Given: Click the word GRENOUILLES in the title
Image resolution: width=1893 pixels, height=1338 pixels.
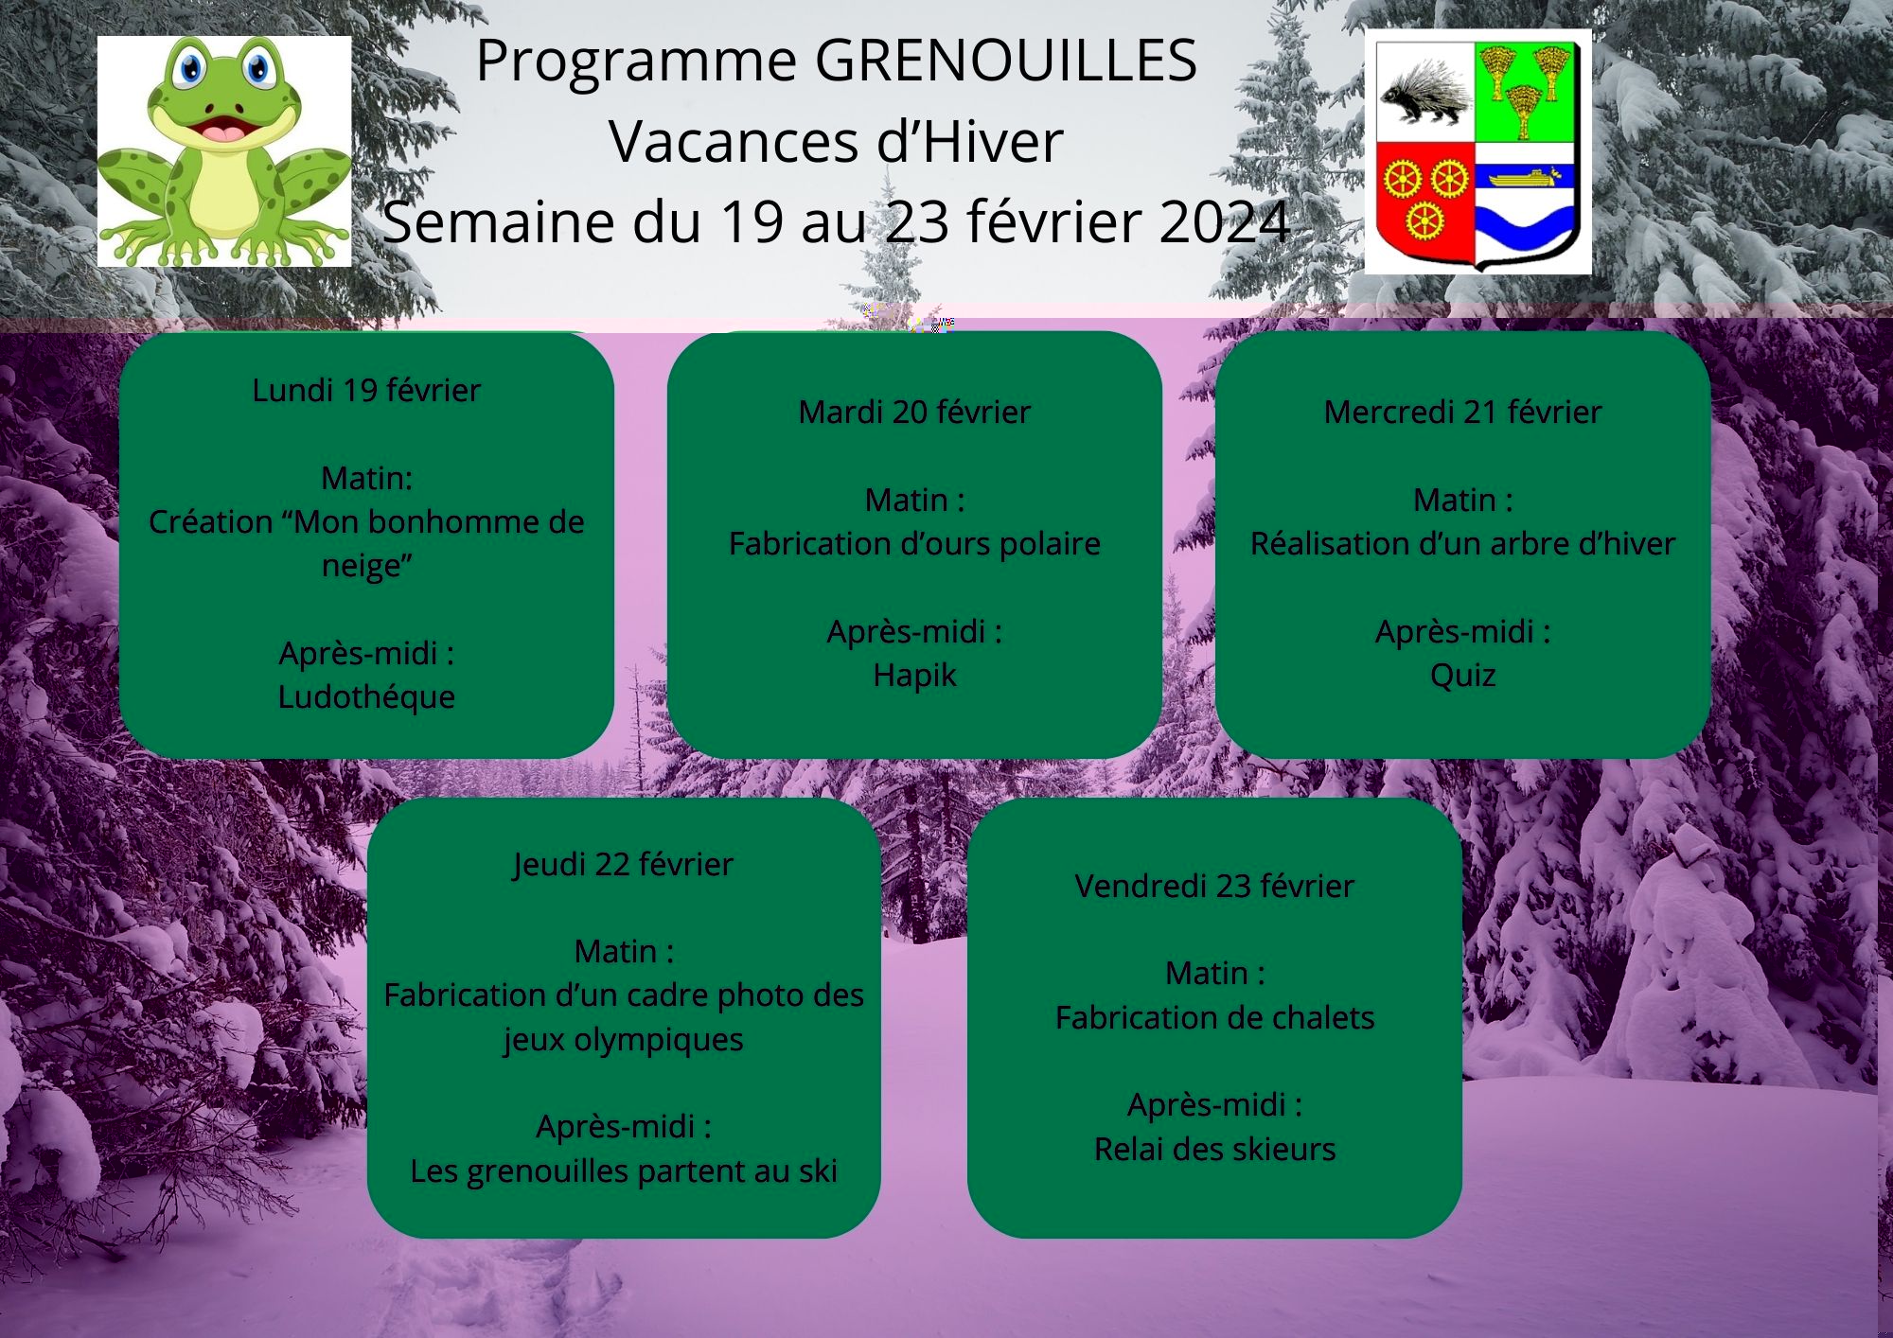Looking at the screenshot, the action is (x=1005, y=61).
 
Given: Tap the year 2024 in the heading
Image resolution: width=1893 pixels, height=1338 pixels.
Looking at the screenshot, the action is (x=1225, y=222).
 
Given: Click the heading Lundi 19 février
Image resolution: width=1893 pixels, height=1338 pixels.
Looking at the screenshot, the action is (x=366, y=390).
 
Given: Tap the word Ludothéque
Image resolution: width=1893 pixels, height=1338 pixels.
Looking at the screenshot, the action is (x=366, y=696).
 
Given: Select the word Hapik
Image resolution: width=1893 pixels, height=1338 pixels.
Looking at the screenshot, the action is (x=914, y=676).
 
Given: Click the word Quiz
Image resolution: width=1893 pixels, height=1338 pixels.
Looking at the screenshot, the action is (x=1462, y=676).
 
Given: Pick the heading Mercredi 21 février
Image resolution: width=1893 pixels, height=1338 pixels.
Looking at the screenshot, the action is (x=1462, y=412).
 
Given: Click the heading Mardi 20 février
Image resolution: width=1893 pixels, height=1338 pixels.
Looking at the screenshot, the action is (x=914, y=412).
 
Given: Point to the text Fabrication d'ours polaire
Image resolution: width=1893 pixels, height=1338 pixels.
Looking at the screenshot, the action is (x=914, y=544).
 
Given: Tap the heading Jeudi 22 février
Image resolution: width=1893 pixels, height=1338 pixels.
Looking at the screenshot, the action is (x=624, y=864).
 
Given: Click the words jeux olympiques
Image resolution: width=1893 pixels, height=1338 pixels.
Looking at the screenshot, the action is (x=624, y=1040).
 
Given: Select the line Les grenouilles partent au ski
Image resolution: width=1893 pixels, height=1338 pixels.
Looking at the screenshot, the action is (x=624, y=1171).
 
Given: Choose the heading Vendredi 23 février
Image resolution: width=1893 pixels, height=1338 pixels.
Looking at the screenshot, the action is (x=1214, y=886).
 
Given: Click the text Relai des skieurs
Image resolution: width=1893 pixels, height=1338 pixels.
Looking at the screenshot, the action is (x=1214, y=1149).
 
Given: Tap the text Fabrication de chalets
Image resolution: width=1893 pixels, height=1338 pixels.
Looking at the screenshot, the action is (x=1214, y=1017).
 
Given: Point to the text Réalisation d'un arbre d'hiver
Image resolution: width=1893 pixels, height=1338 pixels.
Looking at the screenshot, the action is (x=1462, y=544).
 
